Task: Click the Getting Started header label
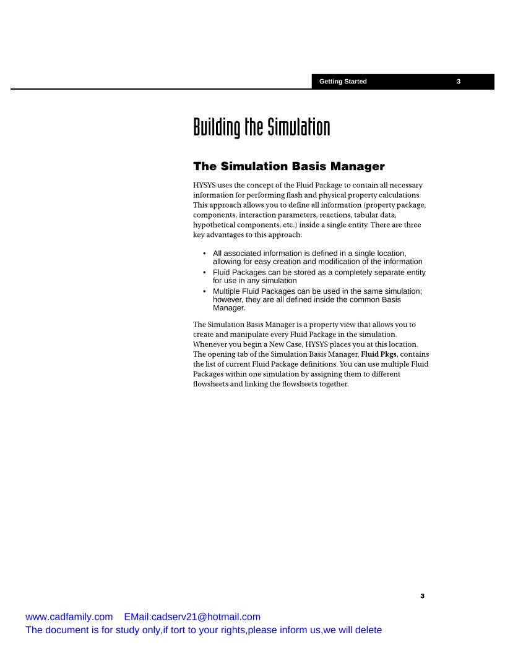[x=343, y=82]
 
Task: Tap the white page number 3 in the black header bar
[x=459, y=82]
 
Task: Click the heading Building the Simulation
[x=261, y=128]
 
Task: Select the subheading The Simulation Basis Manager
[x=289, y=166]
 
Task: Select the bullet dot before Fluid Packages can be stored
[x=205, y=272]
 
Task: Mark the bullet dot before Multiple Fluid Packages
[x=205, y=291]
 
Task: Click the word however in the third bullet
[x=230, y=300]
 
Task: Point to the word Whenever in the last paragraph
[x=212, y=344]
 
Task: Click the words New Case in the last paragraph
[x=283, y=344]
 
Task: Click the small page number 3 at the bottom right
[x=422, y=596]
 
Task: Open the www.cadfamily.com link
[x=69, y=617]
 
